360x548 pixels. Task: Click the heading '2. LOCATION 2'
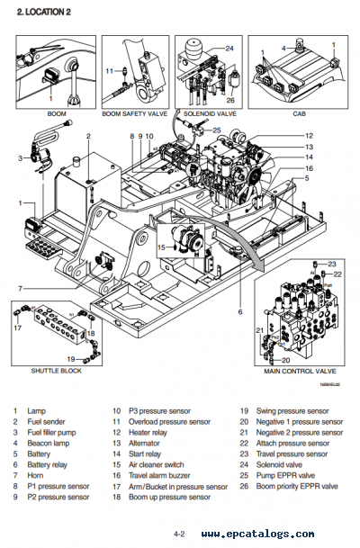coord(44,12)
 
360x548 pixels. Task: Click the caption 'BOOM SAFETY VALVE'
coord(135,114)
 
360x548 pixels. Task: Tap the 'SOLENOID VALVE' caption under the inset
coord(210,114)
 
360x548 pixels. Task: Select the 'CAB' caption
coord(299,114)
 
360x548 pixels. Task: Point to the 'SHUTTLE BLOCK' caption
coord(57,371)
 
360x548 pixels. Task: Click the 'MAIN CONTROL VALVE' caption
coord(300,371)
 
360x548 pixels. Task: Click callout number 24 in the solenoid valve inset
coord(229,49)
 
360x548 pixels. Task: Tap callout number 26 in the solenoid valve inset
coord(230,100)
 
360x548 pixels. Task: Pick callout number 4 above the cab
coord(283,49)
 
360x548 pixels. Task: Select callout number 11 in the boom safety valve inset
coord(110,71)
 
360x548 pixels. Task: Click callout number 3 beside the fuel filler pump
coord(21,158)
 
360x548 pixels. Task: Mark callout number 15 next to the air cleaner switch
coord(161,247)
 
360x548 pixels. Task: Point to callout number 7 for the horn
coord(21,289)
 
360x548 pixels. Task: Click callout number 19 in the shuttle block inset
coord(71,358)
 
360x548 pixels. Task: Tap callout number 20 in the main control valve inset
coord(286,360)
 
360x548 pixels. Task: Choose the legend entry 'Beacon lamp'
coord(49,443)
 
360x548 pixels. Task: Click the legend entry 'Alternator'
coord(144,443)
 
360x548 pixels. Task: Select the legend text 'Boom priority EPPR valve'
coord(297,486)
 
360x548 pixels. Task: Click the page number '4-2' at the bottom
coord(179,534)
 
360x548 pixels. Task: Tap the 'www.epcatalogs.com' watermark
coord(257,534)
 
